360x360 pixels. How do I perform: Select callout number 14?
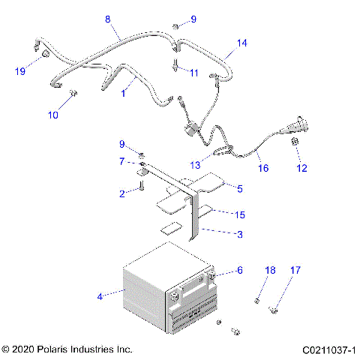pyautogui.click(x=241, y=43)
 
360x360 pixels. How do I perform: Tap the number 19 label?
pyautogui.click(x=21, y=71)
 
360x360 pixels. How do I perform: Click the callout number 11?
pyautogui.click(x=193, y=73)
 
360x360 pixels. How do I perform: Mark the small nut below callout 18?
pyautogui.click(x=257, y=301)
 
